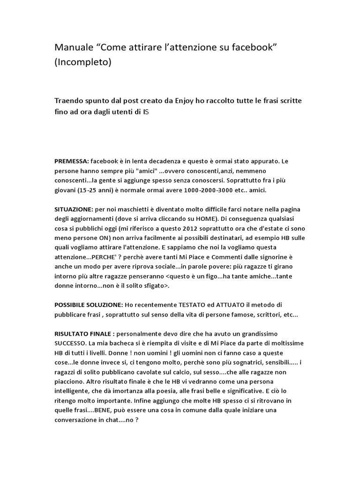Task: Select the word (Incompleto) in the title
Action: [x=83, y=62]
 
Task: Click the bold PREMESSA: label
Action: [x=71, y=161]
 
